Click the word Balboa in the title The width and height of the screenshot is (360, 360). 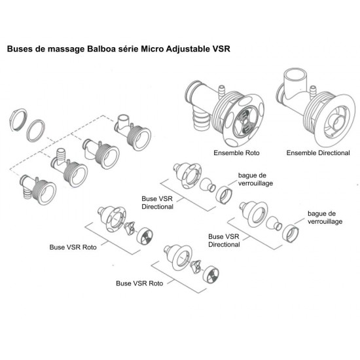[x=100, y=49]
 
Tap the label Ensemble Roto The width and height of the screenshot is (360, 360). [x=236, y=153]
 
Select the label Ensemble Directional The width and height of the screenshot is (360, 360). [x=318, y=153]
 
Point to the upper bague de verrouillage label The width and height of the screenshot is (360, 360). [x=255, y=179]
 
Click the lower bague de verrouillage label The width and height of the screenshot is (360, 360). [x=325, y=217]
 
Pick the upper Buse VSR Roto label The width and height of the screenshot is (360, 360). [x=73, y=247]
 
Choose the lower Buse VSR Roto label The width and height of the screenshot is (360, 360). [x=139, y=283]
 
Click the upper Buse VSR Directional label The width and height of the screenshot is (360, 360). [x=157, y=202]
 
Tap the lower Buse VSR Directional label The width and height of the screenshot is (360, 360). [x=224, y=240]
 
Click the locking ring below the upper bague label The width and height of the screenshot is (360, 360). [x=224, y=195]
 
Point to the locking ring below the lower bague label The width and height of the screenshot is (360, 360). [x=291, y=234]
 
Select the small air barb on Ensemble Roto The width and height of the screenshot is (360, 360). [x=222, y=91]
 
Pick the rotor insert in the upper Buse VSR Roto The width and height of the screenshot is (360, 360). [x=130, y=228]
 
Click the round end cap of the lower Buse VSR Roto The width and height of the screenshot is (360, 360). [x=211, y=275]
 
